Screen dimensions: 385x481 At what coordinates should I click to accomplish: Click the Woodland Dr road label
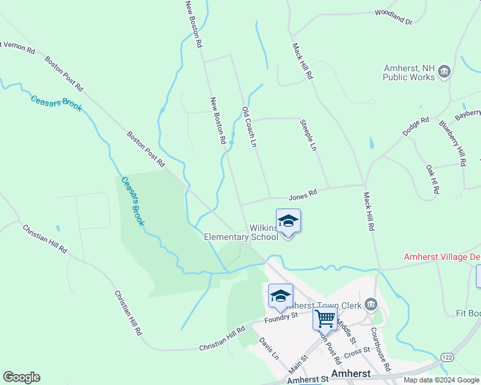[393, 16]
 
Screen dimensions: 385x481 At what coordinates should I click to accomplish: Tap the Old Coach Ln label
[249, 127]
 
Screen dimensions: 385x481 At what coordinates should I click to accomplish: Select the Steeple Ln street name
[308, 134]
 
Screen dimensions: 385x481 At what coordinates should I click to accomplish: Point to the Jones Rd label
[303, 193]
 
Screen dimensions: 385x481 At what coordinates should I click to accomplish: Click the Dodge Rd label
[415, 126]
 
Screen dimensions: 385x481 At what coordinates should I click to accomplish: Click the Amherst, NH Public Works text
[409, 73]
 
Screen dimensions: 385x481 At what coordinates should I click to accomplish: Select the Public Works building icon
[444, 74]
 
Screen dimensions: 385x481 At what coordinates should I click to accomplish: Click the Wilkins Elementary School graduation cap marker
[288, 221]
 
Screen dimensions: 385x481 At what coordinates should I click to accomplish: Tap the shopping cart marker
[325, 318]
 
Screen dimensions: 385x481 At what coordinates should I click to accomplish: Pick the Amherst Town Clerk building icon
[370, 304]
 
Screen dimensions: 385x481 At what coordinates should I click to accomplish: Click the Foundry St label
[281, 316]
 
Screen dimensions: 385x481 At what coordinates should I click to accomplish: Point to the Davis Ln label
[269, 349]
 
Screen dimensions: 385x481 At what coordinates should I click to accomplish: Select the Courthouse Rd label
[381, 350]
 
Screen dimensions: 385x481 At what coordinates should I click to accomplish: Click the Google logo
[21, 377]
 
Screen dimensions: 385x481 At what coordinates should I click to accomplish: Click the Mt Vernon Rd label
[17, 47]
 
